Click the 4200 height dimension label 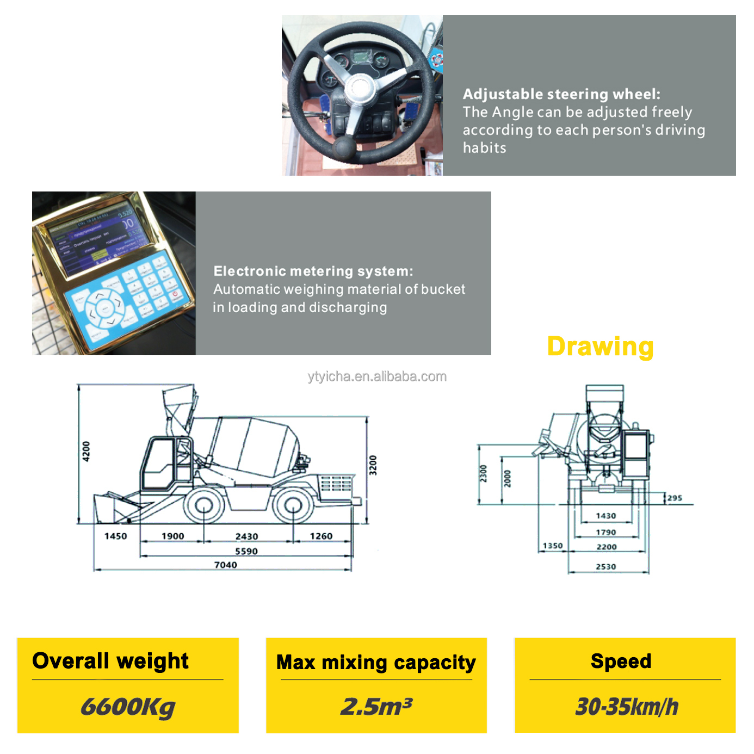86,452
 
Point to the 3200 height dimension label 373,465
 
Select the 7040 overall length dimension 225,565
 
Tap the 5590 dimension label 246,551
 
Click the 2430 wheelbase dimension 246,536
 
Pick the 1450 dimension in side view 115,536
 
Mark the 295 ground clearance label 675,498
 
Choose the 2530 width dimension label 605,566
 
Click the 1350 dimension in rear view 553,546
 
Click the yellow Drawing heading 600,347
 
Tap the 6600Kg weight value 128,707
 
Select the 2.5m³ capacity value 376,707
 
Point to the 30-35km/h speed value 626,707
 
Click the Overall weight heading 110,661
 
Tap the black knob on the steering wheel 344,147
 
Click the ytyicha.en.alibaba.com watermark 377,376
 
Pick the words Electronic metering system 313,271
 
